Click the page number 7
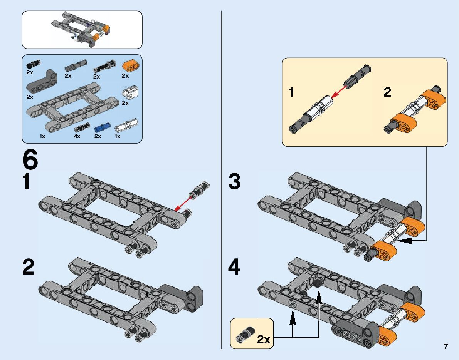tap(446, 347)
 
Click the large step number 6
tap(30, 160)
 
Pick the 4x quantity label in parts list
tap(77, 136)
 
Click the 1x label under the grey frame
tap(42, 136)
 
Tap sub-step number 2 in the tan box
tap(387, 92)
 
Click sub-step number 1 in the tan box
tap(292, 92)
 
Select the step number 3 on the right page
tap(234, 182)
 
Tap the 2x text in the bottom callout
tap(264, 340)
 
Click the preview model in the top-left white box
tap(82, 29)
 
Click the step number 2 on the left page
tap(28, 267)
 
